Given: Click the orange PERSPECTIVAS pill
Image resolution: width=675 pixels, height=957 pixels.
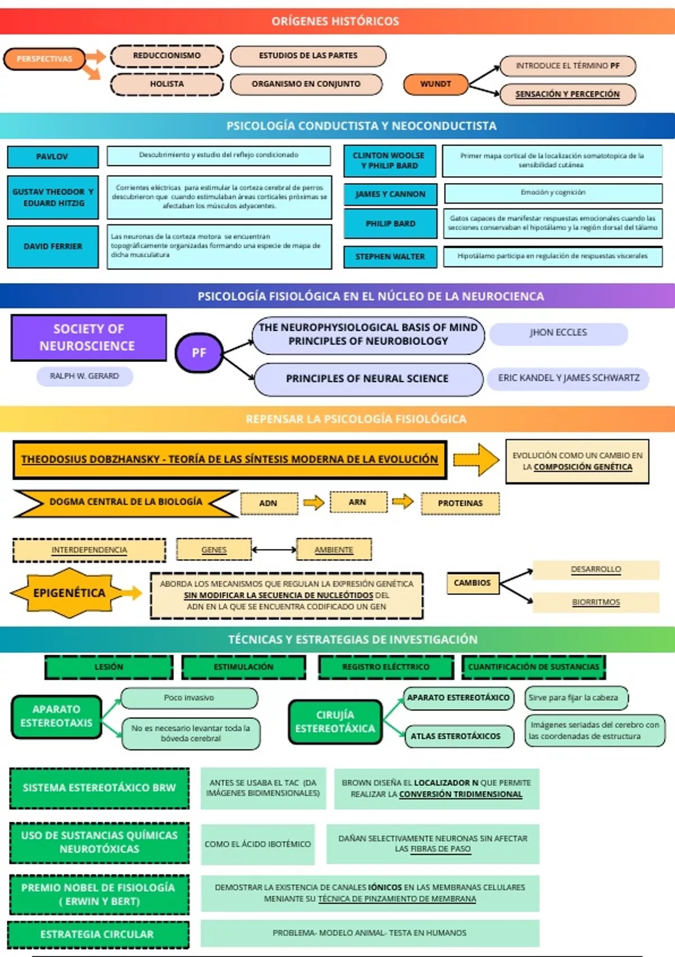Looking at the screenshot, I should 44,59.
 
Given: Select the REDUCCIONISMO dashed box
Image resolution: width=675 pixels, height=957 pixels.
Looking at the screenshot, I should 166,56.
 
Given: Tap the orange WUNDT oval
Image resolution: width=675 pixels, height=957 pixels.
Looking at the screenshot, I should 435,84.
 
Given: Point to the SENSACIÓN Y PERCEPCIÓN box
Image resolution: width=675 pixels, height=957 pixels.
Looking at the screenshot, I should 567,94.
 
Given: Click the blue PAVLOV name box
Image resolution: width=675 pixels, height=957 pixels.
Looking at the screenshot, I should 52,156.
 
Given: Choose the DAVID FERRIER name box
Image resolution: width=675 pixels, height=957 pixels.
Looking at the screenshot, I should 53,247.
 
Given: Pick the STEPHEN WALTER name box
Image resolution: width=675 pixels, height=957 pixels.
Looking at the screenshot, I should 390,257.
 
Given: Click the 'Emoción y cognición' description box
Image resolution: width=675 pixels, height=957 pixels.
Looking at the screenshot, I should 553,193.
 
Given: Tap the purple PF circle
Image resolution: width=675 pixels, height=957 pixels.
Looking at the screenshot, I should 199,353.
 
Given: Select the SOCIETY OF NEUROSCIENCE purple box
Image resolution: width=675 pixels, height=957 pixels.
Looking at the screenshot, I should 88,337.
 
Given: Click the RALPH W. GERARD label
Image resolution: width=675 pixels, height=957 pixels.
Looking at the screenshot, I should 84,376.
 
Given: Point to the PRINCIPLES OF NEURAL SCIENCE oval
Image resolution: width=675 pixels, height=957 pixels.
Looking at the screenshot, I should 368,379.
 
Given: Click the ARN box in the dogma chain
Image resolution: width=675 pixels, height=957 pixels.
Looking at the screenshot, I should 358,502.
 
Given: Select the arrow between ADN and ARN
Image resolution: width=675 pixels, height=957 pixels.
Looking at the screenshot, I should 313,503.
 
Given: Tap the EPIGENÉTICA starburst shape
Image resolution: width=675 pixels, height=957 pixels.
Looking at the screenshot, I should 69,593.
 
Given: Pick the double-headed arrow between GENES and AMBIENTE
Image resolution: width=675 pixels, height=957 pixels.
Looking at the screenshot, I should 274,549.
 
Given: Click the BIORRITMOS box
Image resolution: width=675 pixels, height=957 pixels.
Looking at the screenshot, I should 596,602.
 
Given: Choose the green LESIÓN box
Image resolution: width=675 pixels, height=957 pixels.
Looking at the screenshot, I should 109,667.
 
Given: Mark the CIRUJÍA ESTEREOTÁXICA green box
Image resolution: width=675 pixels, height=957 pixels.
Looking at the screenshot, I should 335,722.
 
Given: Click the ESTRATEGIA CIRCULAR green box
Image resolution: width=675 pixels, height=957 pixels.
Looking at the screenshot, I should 97,934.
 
